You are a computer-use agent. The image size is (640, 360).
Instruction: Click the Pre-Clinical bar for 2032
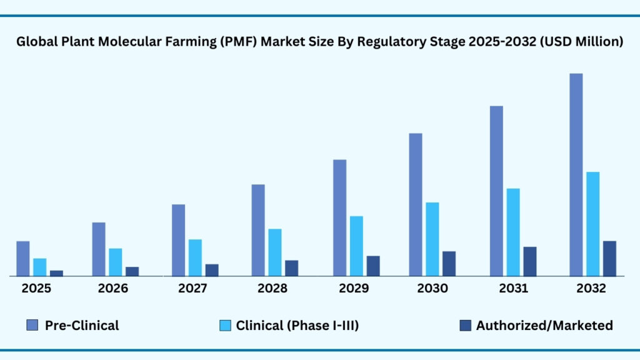576,174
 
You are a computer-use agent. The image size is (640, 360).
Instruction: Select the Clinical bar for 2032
592,224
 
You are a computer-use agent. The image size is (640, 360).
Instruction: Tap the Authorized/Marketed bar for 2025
56,272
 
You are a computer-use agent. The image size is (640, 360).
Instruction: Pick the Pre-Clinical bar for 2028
258,230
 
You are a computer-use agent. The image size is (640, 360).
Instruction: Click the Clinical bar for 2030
432,239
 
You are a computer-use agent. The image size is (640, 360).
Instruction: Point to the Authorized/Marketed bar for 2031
529,261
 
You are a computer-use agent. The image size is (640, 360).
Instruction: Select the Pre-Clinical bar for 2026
99,249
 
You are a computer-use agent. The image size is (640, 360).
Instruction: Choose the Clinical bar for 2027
195,257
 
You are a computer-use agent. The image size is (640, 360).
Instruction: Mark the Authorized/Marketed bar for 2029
373,266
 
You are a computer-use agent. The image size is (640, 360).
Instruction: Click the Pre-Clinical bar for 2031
496,191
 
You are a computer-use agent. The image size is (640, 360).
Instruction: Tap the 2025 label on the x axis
36,289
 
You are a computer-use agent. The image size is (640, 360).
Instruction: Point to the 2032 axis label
591,289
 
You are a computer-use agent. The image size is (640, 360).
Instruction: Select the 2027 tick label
193,289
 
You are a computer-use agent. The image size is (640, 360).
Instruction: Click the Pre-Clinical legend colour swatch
32,325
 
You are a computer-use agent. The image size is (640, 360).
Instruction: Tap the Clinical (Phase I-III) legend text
297,325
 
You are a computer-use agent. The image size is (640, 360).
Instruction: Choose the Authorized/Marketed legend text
544,325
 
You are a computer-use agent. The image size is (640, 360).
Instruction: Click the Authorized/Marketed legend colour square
465,325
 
